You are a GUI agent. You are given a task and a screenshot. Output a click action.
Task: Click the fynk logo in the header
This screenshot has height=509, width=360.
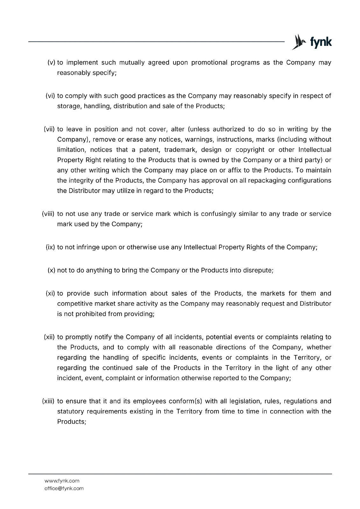(x=312, y=42)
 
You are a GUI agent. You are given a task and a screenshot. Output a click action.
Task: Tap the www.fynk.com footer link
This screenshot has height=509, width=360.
(x=62, y=481)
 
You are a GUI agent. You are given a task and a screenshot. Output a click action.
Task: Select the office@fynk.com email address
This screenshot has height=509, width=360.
(x=64, y=488)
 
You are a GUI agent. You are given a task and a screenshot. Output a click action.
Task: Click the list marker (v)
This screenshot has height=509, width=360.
(x=51, y=62)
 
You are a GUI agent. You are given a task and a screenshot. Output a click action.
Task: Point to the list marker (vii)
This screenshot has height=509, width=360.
(x=49, y=129)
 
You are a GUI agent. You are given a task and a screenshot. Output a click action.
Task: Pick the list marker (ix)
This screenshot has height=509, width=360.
(x=51, y=247)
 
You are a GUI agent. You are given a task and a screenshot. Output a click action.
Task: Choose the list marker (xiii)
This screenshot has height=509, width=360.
(x=48, y=401)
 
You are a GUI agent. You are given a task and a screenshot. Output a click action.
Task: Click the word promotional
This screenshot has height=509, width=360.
(x=209, y=62)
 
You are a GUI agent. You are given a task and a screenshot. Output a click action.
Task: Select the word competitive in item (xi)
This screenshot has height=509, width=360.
(x=73, y=303)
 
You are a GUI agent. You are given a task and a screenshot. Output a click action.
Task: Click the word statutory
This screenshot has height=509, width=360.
(x=71, y=411)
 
